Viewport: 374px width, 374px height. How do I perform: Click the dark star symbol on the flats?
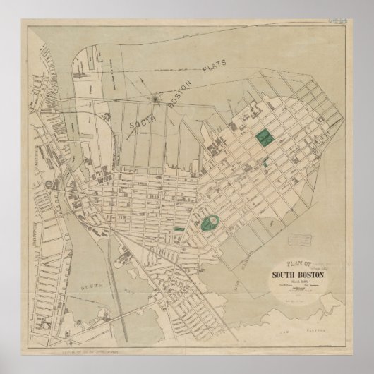(x=155, y=99)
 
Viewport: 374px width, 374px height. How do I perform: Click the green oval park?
(x=208, y=224)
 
